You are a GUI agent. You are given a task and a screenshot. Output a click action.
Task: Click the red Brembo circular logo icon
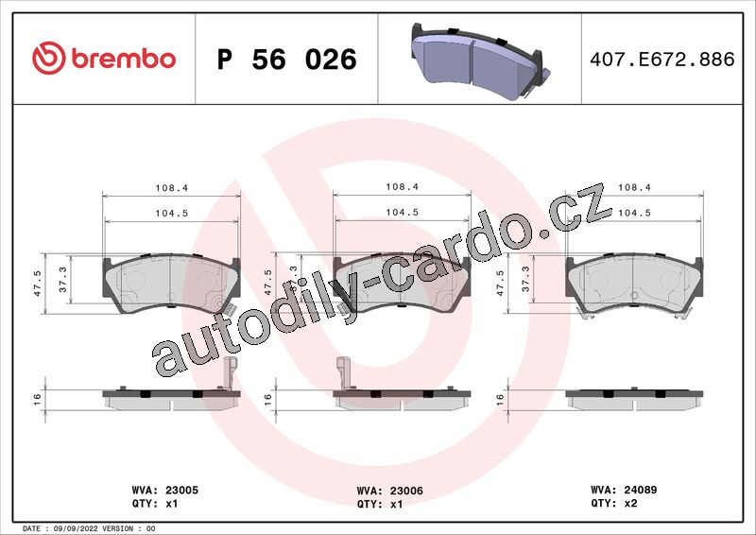click(49, 58)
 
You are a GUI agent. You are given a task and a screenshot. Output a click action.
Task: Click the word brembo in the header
click(124, 59)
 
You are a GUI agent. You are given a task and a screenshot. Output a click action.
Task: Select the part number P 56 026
click(287, 60)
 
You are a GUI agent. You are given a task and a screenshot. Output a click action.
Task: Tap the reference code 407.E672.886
click(662, 60)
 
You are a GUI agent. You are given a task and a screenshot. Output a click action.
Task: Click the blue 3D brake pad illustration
click(480, 62)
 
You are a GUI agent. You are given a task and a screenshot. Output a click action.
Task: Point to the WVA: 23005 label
click(164, 490)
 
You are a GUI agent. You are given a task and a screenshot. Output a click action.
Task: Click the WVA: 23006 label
click(389, 491)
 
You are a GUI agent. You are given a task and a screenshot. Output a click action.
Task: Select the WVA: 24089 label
click(624, 490)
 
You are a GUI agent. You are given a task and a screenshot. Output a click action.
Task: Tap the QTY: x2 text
click(613, 503)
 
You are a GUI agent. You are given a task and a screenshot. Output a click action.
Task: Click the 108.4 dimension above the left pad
click(172, 188)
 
